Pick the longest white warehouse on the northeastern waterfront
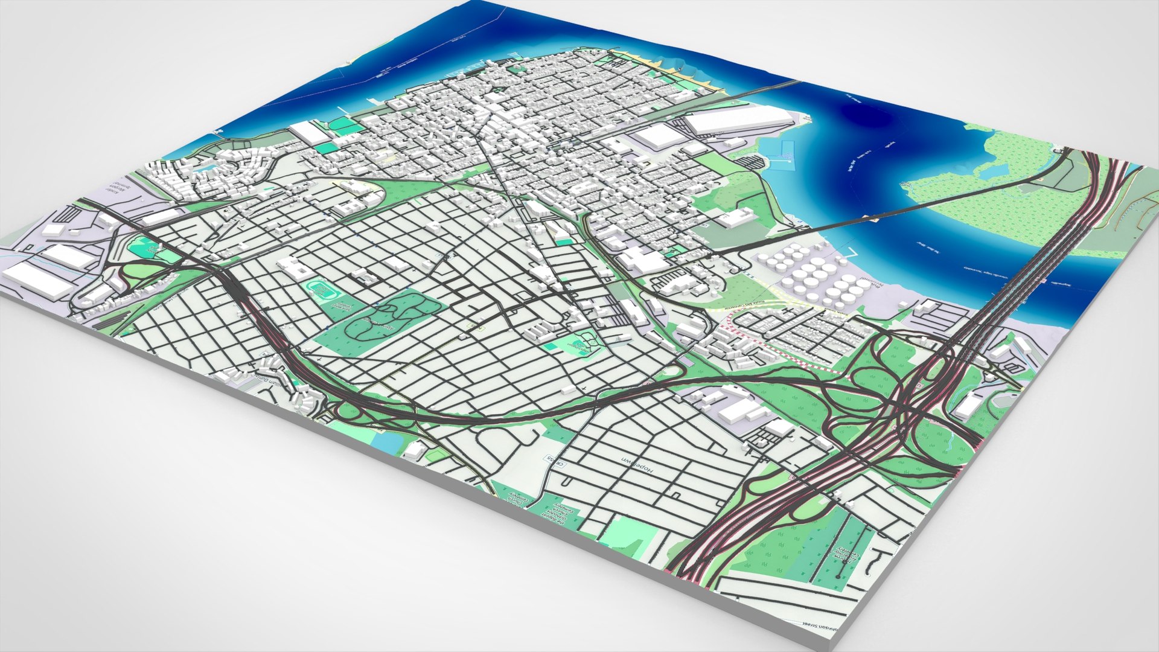736,119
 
